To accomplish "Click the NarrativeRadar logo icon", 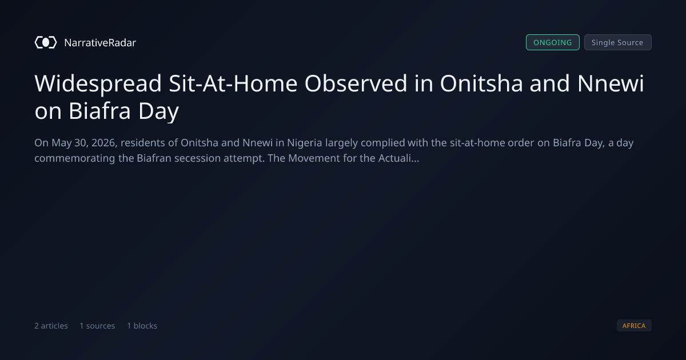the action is [46, 42].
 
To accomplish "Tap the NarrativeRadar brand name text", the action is [100, 42].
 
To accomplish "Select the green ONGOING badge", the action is [552, 42].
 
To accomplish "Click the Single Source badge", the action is [618, 42].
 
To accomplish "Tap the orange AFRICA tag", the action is [634, 325].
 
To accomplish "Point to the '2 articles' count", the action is [51, 326].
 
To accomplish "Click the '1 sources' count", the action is [97, 326].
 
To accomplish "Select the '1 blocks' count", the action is [142, 326].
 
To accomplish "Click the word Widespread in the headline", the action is [98, 83].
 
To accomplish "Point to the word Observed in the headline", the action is [356, 83].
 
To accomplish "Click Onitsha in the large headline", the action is [481, 83].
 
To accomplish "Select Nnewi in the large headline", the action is [611, 83].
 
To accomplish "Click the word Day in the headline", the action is [158, 111].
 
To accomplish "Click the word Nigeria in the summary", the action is [304, 143].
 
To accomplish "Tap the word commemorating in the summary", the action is [75, 158].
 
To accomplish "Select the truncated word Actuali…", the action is [398, 158].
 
